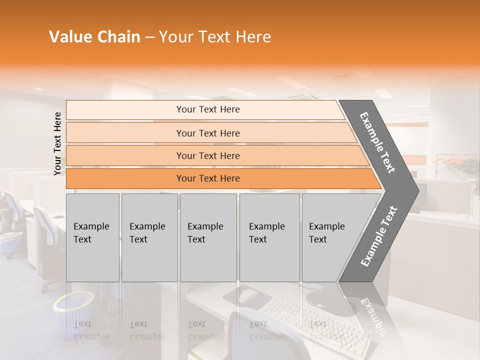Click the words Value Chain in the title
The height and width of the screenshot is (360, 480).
(x=94, y=37)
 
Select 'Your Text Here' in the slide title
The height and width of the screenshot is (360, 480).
(x=215, y=37)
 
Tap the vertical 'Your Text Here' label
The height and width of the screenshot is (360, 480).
(x=57, y=143)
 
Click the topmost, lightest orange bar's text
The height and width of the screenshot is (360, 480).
(x=208, y=109)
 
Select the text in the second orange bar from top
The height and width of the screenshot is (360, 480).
(x=208, y=133)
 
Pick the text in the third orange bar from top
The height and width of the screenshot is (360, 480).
(x=208, y=156)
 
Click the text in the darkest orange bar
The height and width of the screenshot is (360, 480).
(x=208, y=178)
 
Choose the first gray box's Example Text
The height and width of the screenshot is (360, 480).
(x=91, y=233)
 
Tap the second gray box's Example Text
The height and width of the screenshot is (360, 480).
(x=147, y=233)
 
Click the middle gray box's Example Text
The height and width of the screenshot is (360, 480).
(x=205, y=233)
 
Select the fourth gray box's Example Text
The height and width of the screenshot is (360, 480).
(x=266, y=233)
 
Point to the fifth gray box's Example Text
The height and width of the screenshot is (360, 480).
(x=326, y=233)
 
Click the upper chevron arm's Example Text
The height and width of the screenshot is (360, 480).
(x=377, y=142)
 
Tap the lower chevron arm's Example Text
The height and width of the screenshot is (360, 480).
(x=379, y=236)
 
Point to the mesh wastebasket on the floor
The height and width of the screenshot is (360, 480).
(x=74, y=312)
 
